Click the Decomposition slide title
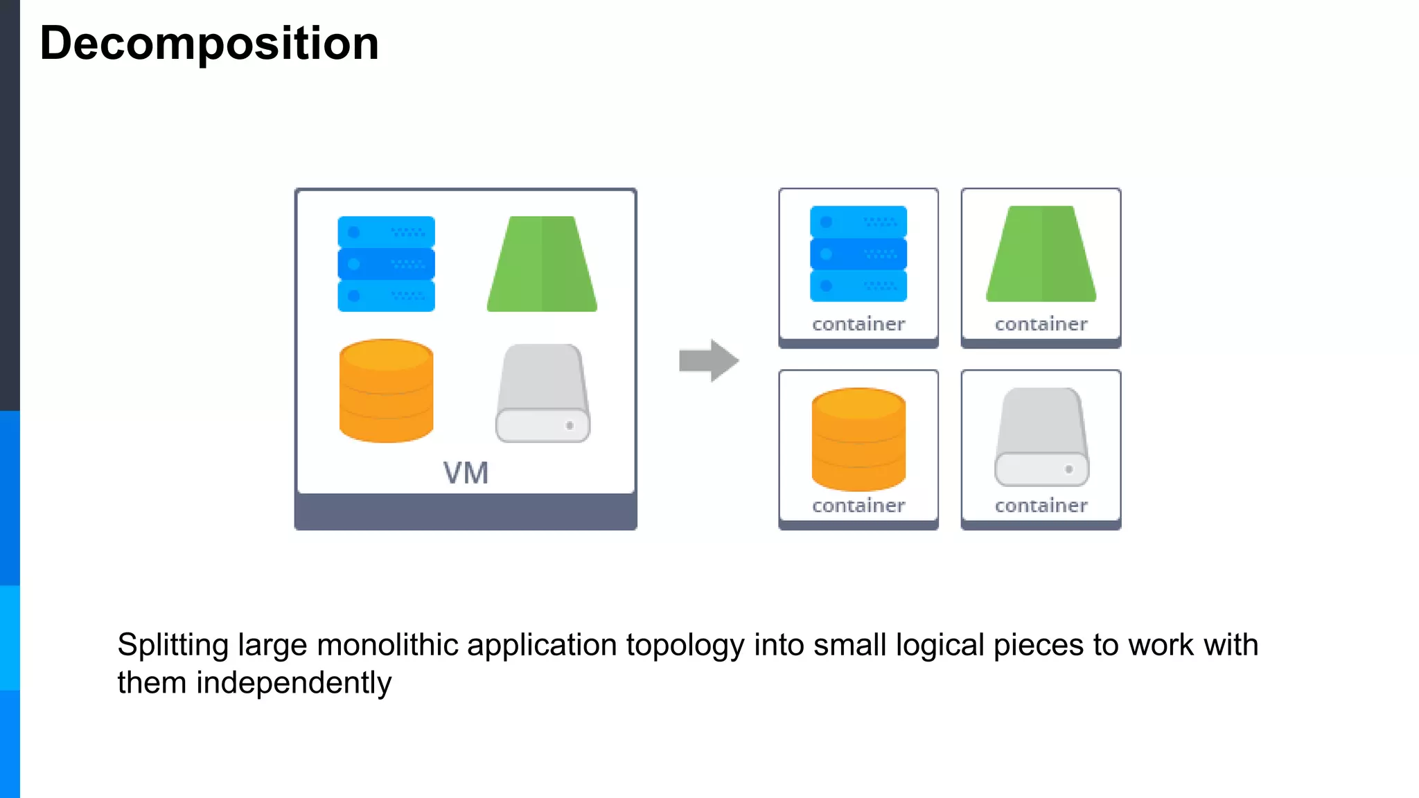click(209, 44)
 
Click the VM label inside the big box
click(466, 474)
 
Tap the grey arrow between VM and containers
click(709, 360)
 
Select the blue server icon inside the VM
click(386, 264)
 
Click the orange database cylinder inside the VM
click(386, 391)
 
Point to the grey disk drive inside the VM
click(543, 393)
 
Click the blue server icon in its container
click(858, 254)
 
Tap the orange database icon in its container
click(858, 439)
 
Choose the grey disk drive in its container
click(1041, 437)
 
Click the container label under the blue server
click(858, 324)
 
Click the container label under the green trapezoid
click(1041, 324)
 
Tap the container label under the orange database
click(858, 506)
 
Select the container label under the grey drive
click(1041, 506)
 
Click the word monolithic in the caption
click(388, 645)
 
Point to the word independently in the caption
click(294, 684)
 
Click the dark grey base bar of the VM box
click(466, 513)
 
